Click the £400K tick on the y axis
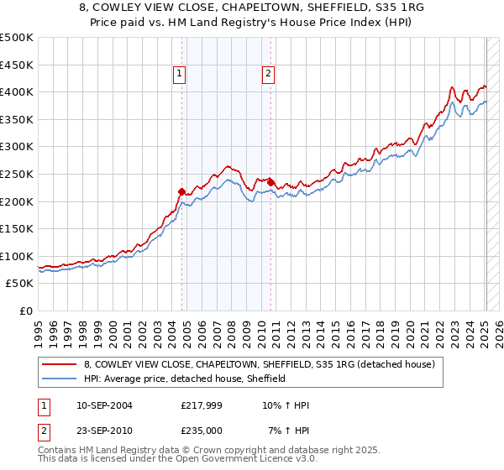click(x=17, y=92)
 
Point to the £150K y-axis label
click(x=17, y=228)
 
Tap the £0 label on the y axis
click(x=25, y=311)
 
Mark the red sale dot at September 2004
click(x=182, y=191)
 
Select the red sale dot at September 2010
click(x=271, y=182)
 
